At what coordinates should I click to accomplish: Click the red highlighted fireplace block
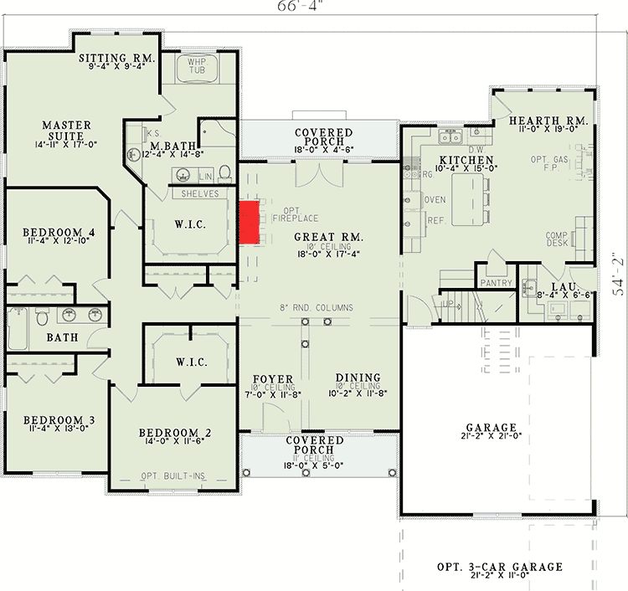249,223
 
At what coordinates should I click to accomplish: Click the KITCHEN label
466,160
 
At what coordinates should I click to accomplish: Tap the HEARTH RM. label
549,121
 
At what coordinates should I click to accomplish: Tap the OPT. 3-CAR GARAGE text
499,567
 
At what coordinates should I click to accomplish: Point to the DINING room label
358,378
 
